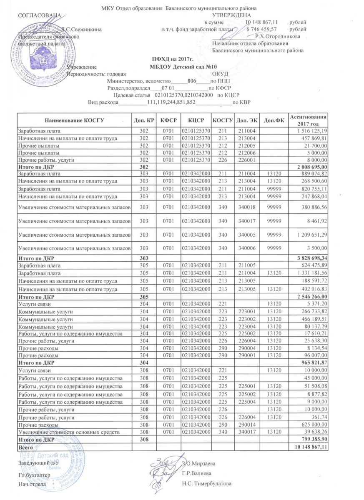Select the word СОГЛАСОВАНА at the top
click(x=40, y=15)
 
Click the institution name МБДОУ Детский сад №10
click(x=184, y=67)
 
